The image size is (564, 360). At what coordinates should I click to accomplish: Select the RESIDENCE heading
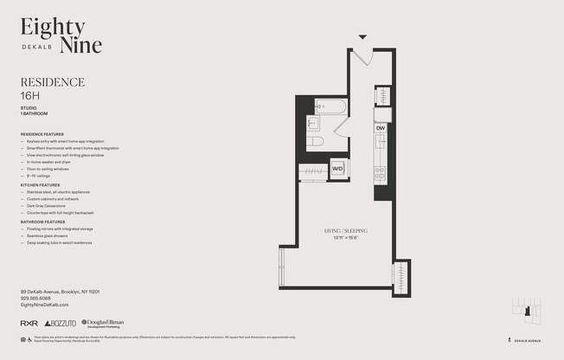click(x=52, y=82)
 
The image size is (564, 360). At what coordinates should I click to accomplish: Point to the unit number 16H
click(x=31, y=95)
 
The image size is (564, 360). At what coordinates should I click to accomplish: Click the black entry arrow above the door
click(x=362, y=36)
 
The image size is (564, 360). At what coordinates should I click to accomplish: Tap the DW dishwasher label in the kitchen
click(x=381, y=128)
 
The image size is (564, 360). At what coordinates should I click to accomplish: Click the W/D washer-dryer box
click(x=337, y=169)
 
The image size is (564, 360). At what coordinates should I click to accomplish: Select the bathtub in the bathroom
click(x=330, y=107)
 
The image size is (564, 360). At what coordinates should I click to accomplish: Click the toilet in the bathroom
click(x=316, y=141)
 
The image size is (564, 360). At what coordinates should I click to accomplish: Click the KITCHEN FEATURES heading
click(x=40, y=185)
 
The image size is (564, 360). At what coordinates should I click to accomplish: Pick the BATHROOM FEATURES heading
click(x=42, y=222)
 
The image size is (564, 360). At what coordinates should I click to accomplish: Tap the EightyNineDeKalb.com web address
click(x=44, y=305)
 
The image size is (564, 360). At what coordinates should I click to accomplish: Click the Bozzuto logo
click(x=61, y=323)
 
